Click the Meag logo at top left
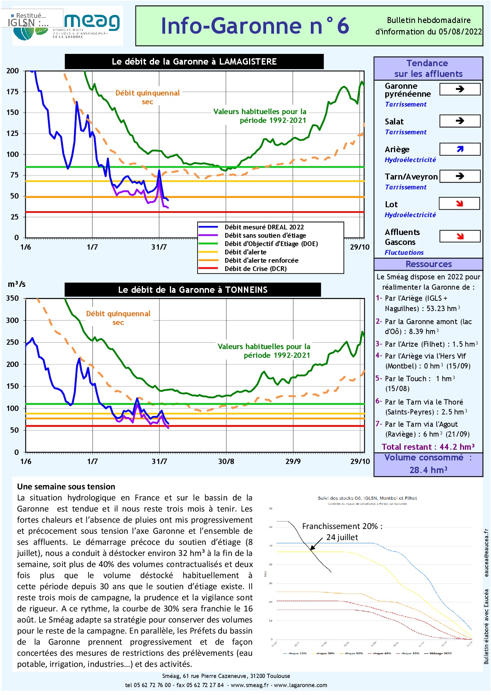click(91, 22)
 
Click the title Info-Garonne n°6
click(255, 26)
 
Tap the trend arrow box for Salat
click(460, 121)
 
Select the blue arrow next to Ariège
click(460, 149)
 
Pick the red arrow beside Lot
click(459, 204)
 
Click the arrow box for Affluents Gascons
click(460, 236)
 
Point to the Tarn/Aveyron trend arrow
click(460, 176)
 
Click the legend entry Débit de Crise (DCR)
click(255, 269)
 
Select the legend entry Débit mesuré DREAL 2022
click(264, 227)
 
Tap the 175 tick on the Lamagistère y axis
click(13, 92)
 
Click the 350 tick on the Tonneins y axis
click(13, 298)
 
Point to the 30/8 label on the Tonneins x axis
click(226, 461)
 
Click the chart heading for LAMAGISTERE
click(194, 61)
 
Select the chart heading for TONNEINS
click(193, 290)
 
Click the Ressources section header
click(428, 264)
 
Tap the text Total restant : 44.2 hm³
click(428, 447)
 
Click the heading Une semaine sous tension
click(66, 487)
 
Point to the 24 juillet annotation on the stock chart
click(342, 537)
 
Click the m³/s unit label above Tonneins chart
click(17, 284)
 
